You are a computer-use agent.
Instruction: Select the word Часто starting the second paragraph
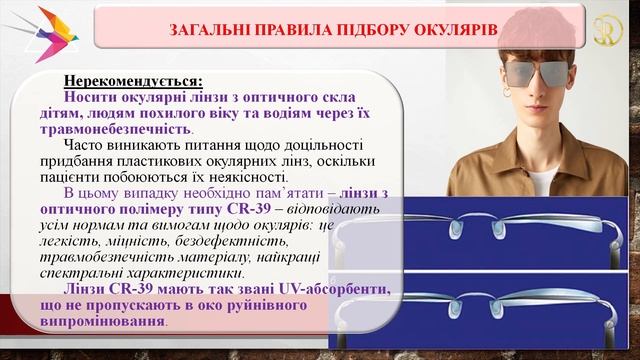point(89,144)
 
